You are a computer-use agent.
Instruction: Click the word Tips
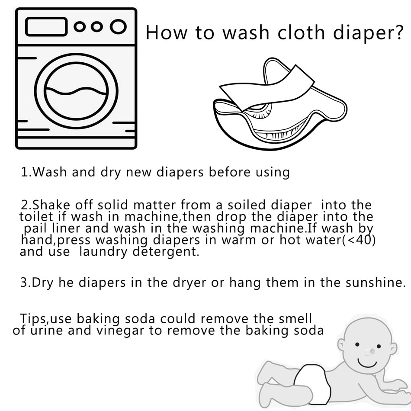click(x=33, y=319)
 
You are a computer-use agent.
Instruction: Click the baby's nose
click(x=369, y=353)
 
